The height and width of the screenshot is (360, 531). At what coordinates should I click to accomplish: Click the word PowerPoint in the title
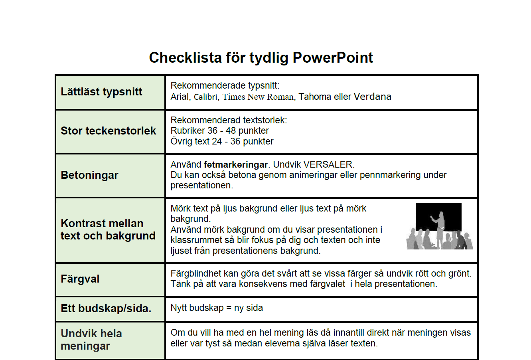tap(333, 58)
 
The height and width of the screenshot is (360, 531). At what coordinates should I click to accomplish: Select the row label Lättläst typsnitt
tap(101, 92)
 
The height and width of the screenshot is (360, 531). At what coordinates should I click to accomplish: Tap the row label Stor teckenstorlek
tap(108, 131)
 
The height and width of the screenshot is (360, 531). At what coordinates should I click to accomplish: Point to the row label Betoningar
tap(89, 175)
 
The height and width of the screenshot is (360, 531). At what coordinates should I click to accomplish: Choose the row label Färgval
tap(80, 279)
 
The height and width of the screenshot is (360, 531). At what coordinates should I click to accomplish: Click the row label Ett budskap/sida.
tap(106, 309)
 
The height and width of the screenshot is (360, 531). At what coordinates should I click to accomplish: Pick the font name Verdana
tap(373, 97)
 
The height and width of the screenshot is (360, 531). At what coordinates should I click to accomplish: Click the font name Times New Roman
tap(259, 97)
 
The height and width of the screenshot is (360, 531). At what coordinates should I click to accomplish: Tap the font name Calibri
tap(206, 97)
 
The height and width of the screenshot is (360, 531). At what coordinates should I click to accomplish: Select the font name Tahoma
tap(315, 97)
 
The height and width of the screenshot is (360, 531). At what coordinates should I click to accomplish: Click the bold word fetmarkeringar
tap(236, 164)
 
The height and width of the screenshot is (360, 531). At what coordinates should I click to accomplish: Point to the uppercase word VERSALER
tap(329, 164)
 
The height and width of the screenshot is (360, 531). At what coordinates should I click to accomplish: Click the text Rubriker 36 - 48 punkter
tap(219, 131)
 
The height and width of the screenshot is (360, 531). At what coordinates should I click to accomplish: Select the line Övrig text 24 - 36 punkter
tap(222, 142)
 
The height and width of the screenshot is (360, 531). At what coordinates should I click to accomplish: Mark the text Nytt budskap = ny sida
tap(217, 308)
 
